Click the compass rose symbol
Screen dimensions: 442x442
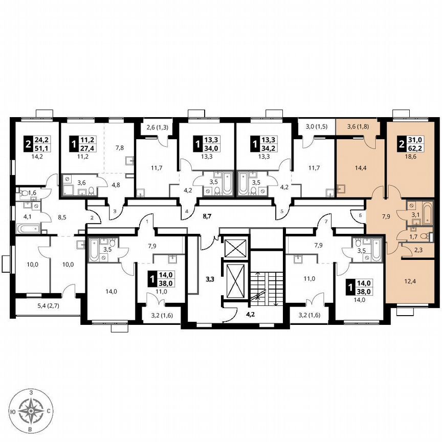tap(33, 410)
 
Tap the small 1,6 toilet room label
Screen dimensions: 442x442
tap(32, 193)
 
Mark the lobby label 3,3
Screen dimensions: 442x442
tap(210, 279)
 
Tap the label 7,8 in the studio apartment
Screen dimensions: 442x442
tap(119, 148)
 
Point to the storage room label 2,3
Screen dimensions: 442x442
tap(418, 250)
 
